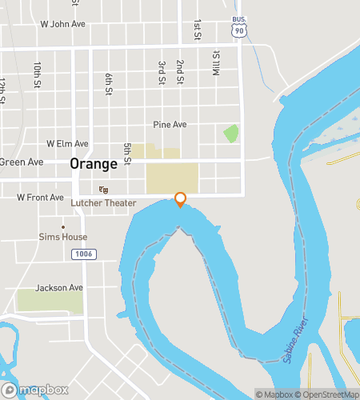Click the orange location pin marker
click(181, 199)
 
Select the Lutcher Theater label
click(103, 203)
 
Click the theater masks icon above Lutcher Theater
click(102, 190)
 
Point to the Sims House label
click(63, 238)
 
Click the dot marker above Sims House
click(63, 226)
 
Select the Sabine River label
click(295, 345)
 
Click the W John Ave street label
click(62, 24)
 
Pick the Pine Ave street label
click(170, 125)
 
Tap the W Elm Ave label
click(67, 144)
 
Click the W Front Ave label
click(40, 198)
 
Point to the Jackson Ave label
click(59, 288)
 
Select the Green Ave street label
click(21, 162)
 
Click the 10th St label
click(37, 75)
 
